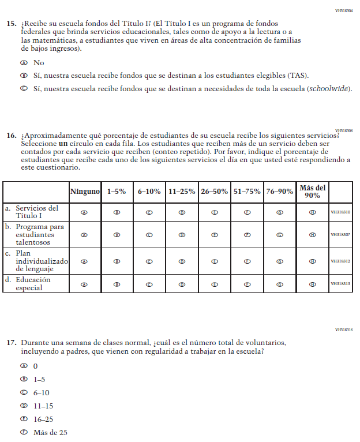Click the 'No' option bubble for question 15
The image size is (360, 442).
pyautogui.click(x=24, y=62)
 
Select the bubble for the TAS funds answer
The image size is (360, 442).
pyautogui.click(x=24, y=76)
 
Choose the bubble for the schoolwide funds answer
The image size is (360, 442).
pyautogui.click(x=24, y=89)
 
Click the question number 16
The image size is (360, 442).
pyautogui.click(x=11, y=136)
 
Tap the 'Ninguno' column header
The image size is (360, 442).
pyautogui.click(x=85, y=192)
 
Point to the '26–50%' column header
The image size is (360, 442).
pyautogui.click(x=214, y=192)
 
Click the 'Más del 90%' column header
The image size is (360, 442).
pyautogui.click(x=312, y=192)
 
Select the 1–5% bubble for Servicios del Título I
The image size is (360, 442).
pyautogui.click(x=117, y=212)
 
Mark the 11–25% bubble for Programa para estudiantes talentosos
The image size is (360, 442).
pyautogui.click(x=182, y=235)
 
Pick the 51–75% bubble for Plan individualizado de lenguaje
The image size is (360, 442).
pyautogui.click(x=247, y=261)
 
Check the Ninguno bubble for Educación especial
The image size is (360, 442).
pyautogui.click(x=85, y=284)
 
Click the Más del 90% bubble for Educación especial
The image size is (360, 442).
pyautogui.click(x=312, y=284)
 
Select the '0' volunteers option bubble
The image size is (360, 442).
pyautogui.click(x=24, y=366)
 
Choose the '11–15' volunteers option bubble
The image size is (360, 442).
pyautogui.click(x=24, y=406)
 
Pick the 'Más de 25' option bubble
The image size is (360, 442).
pyautogui.click(x=24, y=432)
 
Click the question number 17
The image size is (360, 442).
pyautogui.click(x=11, y=342)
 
